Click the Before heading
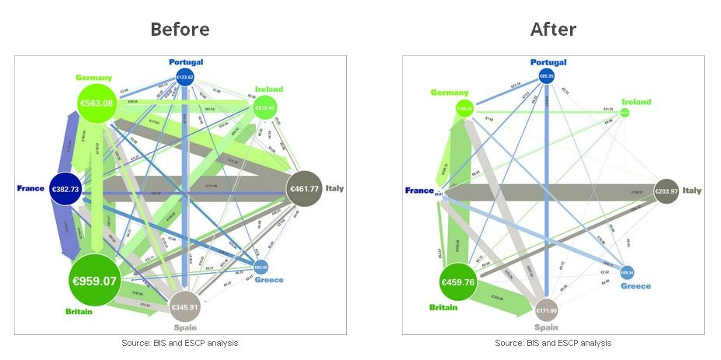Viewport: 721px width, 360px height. click(180, 30)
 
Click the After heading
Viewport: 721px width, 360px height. click(553, 30)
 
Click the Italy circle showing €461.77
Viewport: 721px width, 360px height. click(305, 188)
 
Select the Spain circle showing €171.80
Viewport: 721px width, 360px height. click(548, 310)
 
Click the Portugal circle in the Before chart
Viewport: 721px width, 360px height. click(184, 77)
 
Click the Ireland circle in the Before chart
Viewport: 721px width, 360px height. click(266, 107)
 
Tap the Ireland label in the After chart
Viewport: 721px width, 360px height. click(636, 102)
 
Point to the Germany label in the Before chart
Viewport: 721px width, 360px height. click(94, 78)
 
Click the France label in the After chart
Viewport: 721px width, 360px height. click(420, 190)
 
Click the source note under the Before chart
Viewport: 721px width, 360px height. click(180, 343)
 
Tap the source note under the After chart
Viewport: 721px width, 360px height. click(553, 343)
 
